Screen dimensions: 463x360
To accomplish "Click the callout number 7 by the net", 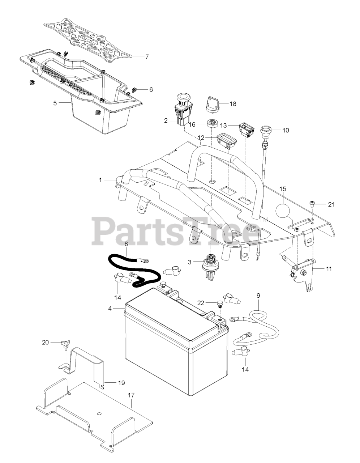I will click(147, 57).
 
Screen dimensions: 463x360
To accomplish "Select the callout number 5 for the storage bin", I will click(55, 103).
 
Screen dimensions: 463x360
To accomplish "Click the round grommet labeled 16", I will click(212, 123).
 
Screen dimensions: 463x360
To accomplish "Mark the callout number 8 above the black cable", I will click(126, 244).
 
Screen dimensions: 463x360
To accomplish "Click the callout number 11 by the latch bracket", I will click(328, 269).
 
